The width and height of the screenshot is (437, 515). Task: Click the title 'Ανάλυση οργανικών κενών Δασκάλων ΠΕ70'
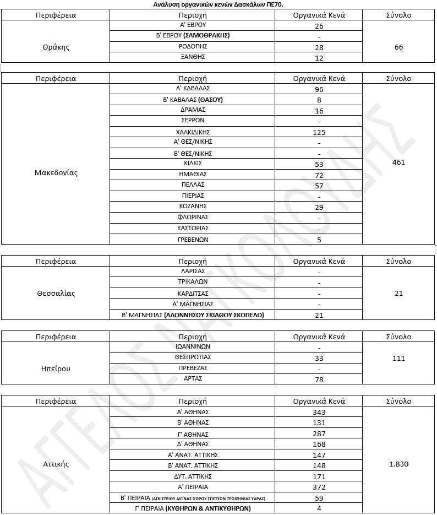218,4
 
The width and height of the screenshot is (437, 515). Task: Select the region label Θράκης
56,47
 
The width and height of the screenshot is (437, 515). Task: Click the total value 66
399,47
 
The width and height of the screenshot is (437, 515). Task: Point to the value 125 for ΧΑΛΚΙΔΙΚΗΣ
319,132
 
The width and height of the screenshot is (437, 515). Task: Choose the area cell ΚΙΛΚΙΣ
193,163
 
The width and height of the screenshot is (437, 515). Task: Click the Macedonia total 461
399,162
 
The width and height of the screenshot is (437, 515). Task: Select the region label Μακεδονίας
56,172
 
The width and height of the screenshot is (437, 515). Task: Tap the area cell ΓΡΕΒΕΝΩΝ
193,239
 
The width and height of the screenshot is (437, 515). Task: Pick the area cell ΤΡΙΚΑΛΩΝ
193,281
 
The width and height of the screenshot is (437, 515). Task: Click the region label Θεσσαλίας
56,293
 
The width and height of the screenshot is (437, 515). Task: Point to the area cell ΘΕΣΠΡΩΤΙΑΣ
193,357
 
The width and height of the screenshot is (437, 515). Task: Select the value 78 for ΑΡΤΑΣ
319,380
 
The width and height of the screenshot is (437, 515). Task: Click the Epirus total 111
399,358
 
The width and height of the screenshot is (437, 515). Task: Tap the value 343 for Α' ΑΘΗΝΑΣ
319,412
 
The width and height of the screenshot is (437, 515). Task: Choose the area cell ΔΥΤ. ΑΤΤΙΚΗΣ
193,476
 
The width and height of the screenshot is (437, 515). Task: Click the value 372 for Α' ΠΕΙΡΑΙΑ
319,487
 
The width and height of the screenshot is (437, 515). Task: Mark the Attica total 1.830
399,464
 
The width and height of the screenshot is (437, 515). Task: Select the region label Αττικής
56,464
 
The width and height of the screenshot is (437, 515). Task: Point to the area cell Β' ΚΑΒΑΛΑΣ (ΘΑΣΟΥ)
193,100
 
